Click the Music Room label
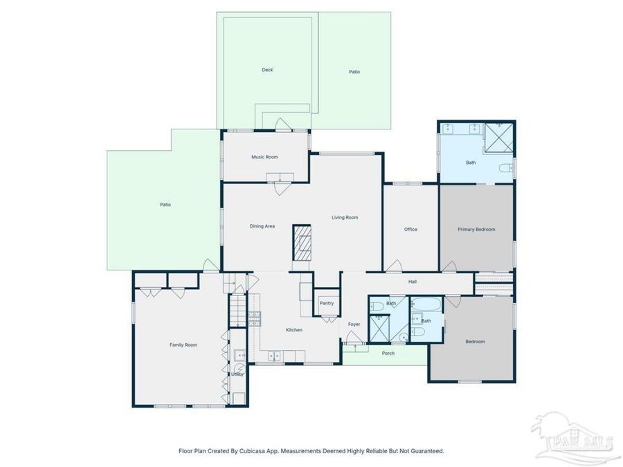(x=264, y=157)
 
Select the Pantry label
(x=327, y=303)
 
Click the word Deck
(x=267, y=70)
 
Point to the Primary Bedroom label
(x=476, y=229)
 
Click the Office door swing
(x=395, y=266)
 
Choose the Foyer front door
(x=354, y=338)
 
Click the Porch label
(x=388, y=354)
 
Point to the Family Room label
(x=183, y=345)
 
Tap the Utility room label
(x=237, y=374)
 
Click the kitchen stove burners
(x=255, y=319)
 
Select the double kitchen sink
(x=275, y=356)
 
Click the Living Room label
(x=345, y=218)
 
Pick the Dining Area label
(x=262, y=226)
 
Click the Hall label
(x=413, y=282)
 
